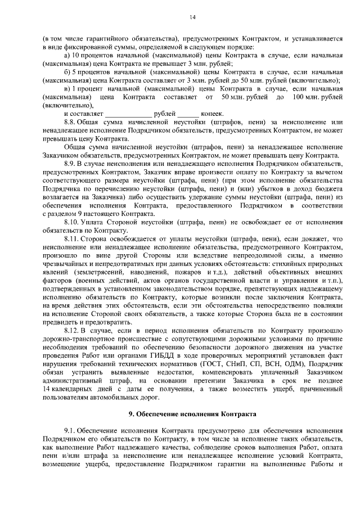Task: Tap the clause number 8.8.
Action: [x=71, y=121]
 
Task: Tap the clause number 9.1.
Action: [x=71, y=431]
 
